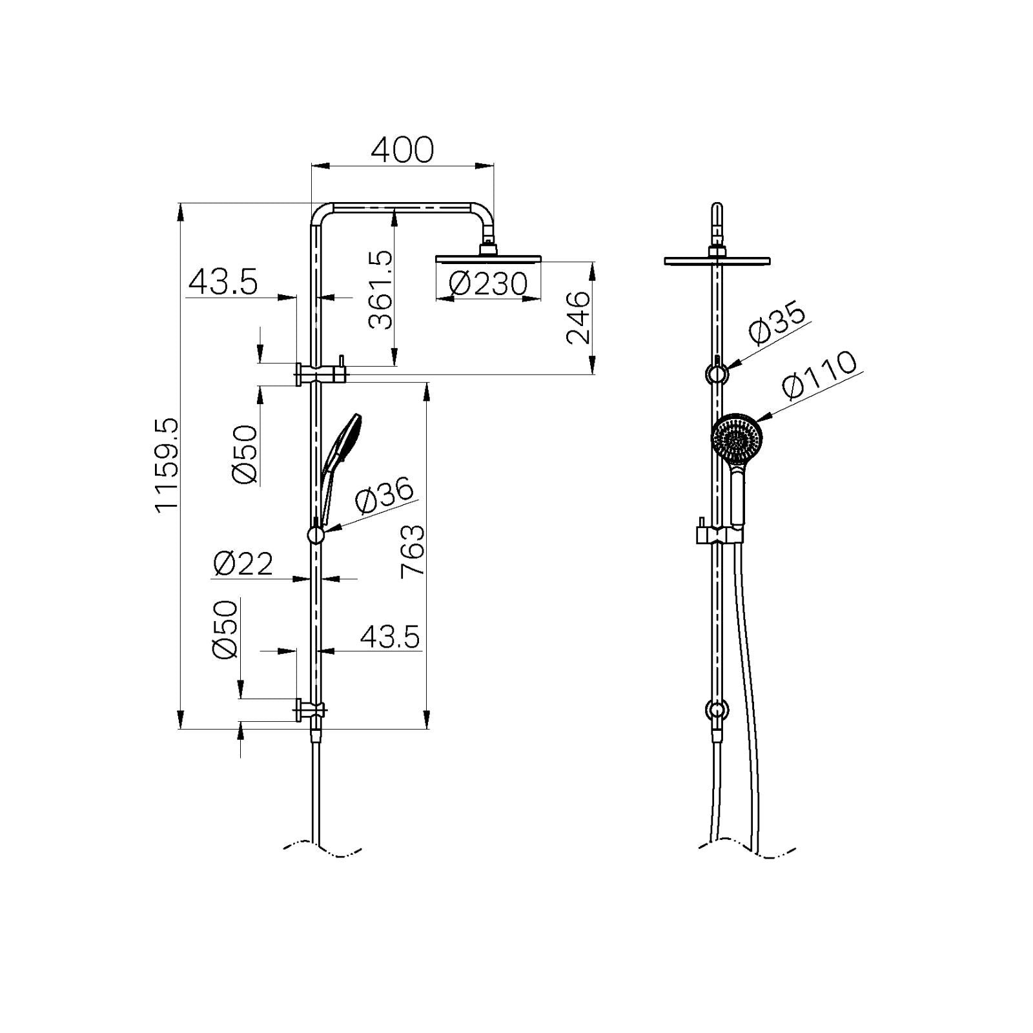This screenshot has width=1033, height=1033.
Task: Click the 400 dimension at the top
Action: (402, 150)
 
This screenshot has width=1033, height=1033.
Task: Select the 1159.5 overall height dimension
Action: (166, 464)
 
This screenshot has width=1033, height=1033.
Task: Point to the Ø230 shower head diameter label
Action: (488, 284)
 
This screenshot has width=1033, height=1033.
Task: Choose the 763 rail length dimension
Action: (413, 550)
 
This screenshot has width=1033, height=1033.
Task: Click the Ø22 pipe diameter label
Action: (243, 564)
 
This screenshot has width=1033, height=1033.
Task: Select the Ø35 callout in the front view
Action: (778, 323)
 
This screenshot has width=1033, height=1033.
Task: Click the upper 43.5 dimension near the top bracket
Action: (223, 283)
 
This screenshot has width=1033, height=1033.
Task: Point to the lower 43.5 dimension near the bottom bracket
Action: (390, 637)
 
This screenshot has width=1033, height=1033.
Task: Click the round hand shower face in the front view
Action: (737, 438)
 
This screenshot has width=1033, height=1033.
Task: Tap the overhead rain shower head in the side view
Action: (488, 258)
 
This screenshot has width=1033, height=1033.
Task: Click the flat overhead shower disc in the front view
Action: (717, 261)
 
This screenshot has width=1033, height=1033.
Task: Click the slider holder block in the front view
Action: (717, 534)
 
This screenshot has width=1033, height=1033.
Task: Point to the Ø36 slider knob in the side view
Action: (315, 535)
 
